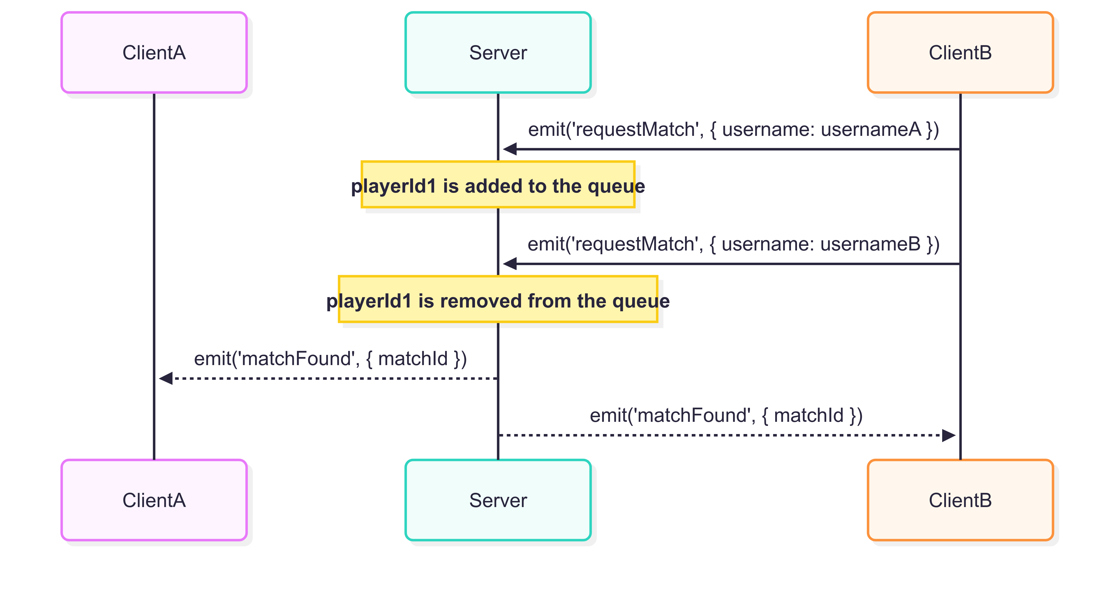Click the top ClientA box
click(154, 52)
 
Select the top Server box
click(498, 52)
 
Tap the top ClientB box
click(960, 52)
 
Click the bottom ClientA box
click(154, 500)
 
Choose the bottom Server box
click(498, 500)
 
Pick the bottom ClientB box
click(960, 500)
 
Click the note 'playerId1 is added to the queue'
click(498, 184)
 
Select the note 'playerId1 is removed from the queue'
click(498, 299)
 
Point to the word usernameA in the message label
click(871, 129)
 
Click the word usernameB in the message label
click(870, 244)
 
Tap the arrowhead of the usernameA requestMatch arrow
click(510, 149)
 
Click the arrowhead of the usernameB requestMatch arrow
click(510, 263)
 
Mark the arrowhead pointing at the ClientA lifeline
click(166, 378)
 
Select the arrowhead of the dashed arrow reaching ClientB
click(949, 435)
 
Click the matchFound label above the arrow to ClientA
click(330, 359)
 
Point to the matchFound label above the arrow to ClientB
click(726, 415)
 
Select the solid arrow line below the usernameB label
click(732, 263)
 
